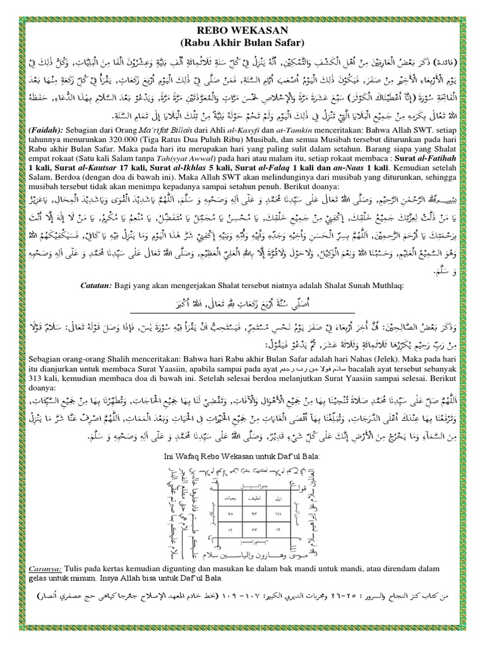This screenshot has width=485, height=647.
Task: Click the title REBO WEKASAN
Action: (242, 32)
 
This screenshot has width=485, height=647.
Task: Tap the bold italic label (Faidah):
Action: (44, 129)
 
